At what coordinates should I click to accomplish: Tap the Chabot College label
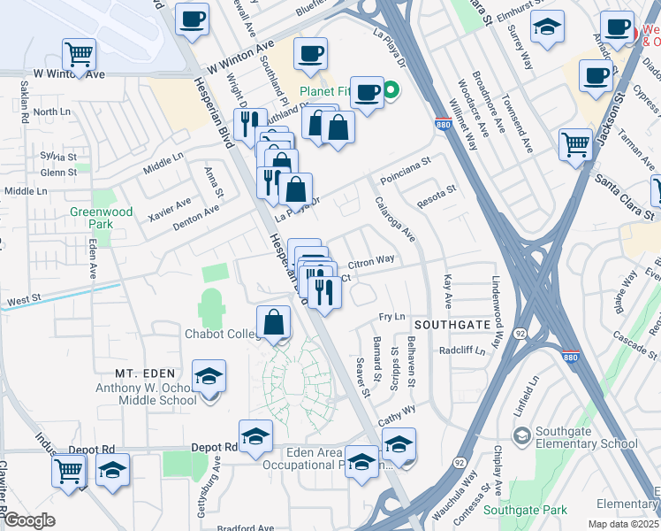click(x=219, y=334)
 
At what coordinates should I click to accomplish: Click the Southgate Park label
click(x=525, y=510)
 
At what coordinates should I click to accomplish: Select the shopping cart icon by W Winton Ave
click(x=80, y=54)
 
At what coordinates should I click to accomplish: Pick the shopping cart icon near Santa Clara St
click(x=576, y=142)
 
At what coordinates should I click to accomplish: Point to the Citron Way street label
click(x=371, y=261)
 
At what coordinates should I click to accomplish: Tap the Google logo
click(x=29, y=520)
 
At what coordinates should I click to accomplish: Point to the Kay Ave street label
click(x=448, y=291)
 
